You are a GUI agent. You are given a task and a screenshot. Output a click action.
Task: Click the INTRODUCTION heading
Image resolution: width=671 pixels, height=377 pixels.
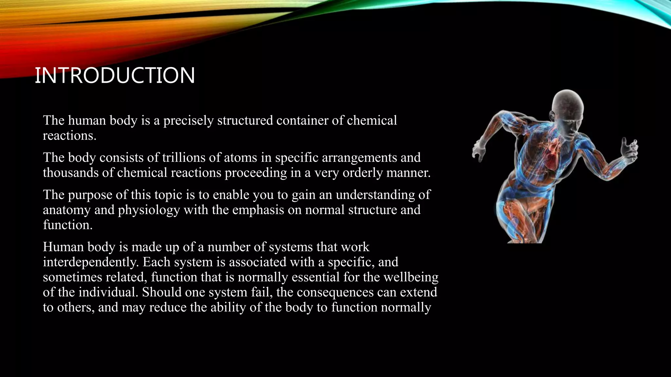pos(115,75)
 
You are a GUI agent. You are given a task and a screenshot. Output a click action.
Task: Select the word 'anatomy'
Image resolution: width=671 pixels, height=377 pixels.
pos(67,210)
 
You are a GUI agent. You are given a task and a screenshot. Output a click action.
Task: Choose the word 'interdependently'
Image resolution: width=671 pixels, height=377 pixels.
pos(91,262)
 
